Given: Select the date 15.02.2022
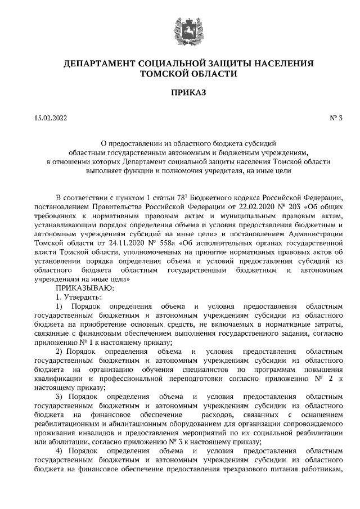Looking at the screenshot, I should pyautogui.click(x=51, y=118).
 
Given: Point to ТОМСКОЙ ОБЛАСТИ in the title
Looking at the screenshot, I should pyautogui.click(x=180, y=73).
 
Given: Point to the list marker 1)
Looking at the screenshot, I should pyautogui.click(x=62, y=306).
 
